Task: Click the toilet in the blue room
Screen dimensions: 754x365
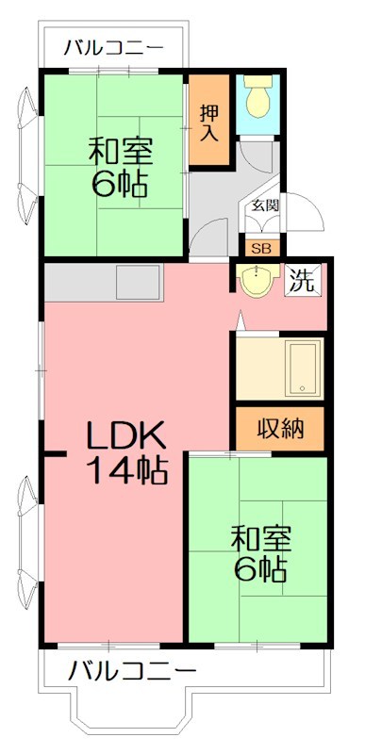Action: (x=257, y=95)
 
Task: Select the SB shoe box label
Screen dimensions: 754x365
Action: (x=257, y=248)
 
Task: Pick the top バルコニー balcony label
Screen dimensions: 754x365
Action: (x=113, y=47)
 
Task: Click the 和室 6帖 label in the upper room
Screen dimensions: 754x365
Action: (x=120, y=166)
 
